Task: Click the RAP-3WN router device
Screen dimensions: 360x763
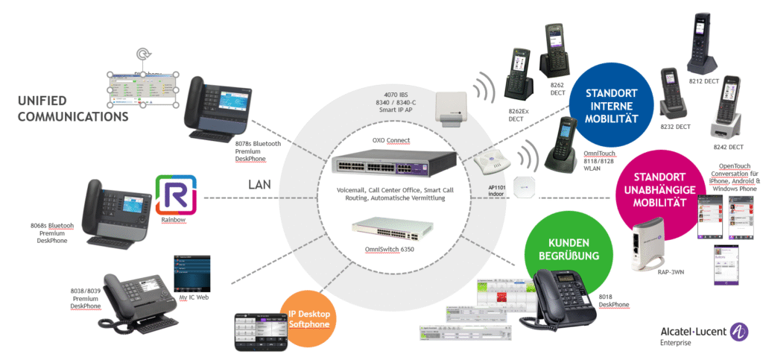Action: point(649,246)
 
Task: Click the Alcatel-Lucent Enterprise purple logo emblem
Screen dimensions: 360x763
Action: point(739,332)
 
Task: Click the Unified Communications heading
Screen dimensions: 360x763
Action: point(73,107)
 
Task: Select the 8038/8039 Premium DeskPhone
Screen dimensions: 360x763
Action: point(133,303)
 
